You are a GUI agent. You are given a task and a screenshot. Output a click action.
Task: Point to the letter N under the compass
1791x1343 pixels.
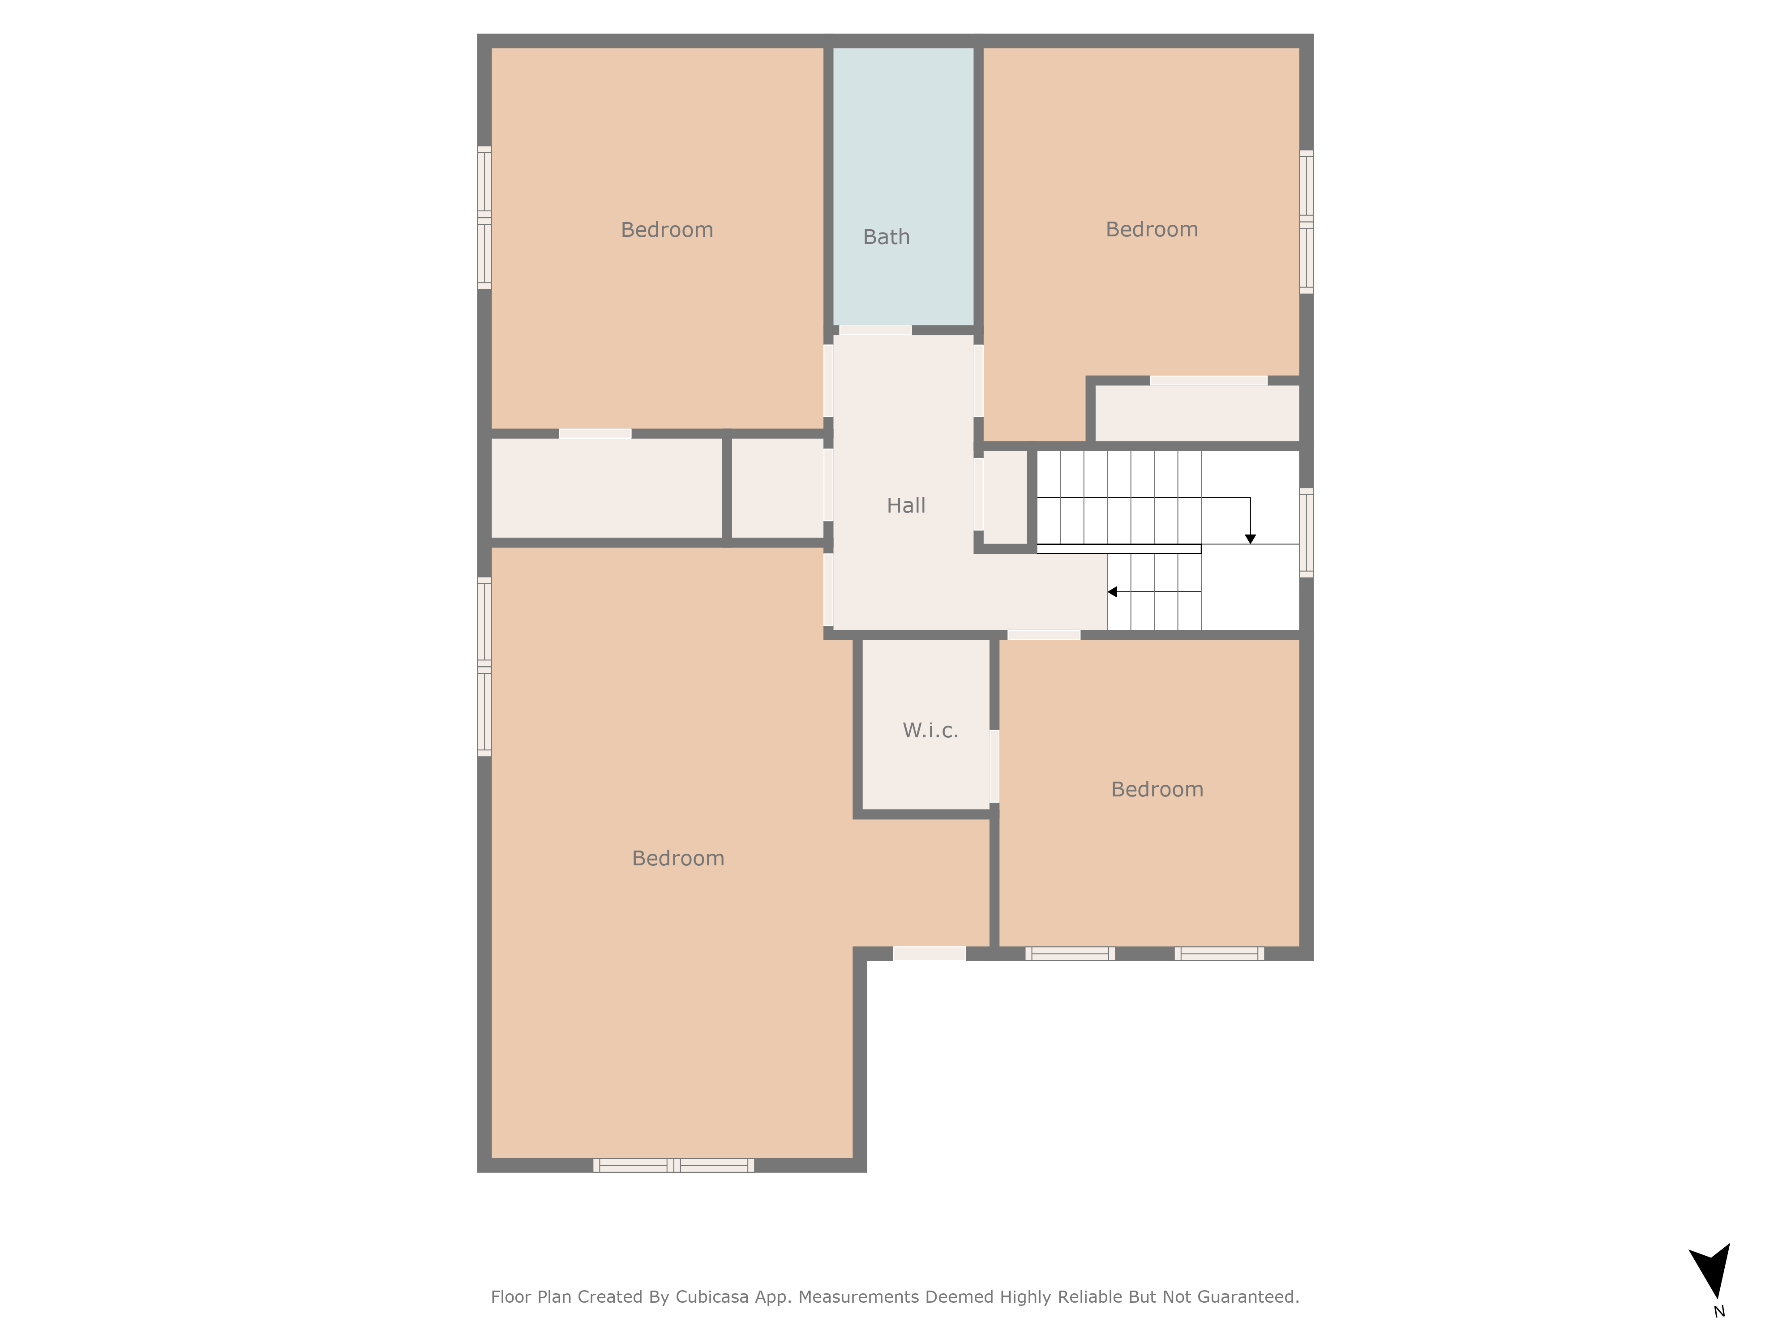1719,1311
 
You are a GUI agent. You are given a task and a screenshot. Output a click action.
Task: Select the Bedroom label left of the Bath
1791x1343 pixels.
666,230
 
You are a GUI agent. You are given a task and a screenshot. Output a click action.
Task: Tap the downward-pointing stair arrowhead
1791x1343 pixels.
1250,539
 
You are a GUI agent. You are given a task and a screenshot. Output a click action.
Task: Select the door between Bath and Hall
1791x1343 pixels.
875,330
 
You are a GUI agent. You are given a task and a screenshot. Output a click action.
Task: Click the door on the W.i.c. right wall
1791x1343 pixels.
994,766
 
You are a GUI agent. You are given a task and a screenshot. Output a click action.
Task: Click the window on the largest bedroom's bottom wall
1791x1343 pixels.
674,1165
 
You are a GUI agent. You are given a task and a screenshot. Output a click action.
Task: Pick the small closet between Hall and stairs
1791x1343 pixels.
1005,497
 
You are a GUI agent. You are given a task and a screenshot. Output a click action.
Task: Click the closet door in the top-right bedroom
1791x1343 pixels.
1208,381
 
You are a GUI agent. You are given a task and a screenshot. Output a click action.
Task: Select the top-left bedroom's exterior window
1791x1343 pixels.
484,217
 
